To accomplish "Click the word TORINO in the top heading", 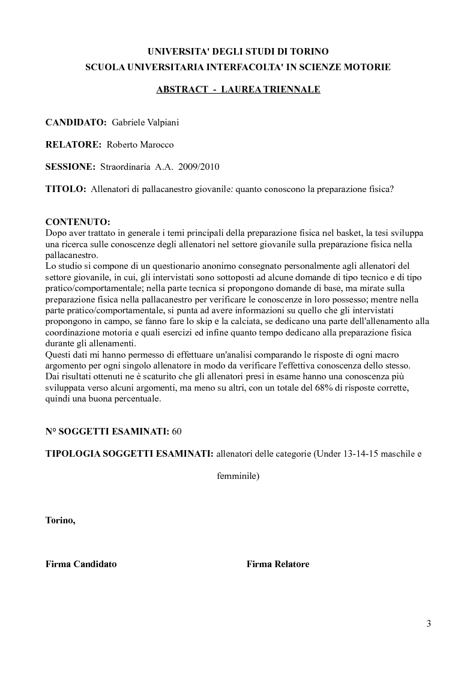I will pos(307,52).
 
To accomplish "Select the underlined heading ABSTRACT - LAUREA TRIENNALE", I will pos(238,89).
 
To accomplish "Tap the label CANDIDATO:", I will pos(76,122).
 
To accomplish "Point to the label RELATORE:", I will pos(73,144).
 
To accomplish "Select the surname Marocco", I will pos(157,144).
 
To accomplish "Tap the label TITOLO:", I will pos(65,188).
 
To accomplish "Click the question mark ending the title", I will pos(391,188).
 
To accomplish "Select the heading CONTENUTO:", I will pos(77,223).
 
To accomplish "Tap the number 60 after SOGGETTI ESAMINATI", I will pos(176,432).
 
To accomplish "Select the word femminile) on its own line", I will pos(238,477).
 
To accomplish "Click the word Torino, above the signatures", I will pos(60,520).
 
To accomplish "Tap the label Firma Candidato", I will pos(81,564).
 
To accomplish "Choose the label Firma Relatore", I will pos(277,564).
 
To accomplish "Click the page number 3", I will pos(429,623).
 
